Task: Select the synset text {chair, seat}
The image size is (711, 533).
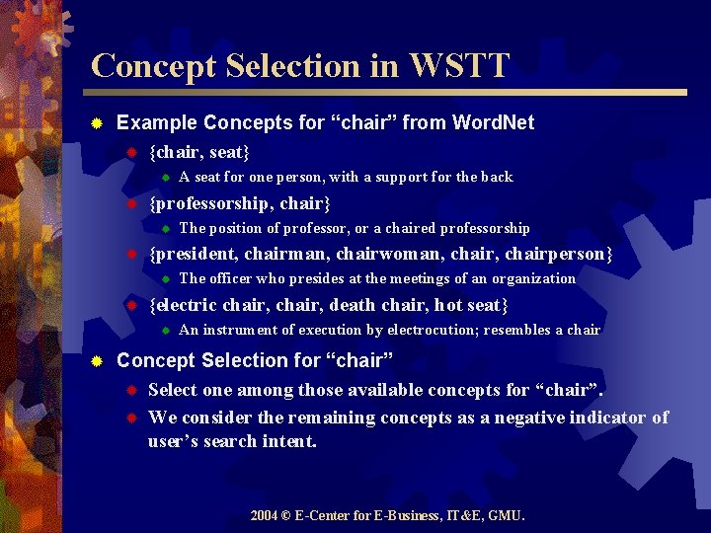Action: pos(198,152)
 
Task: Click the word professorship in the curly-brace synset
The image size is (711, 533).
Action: pos(212,203)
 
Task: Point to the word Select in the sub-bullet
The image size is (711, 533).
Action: pos(173,390)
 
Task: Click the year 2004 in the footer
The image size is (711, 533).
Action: pos(263,515)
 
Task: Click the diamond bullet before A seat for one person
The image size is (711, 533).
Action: pos(166,178)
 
